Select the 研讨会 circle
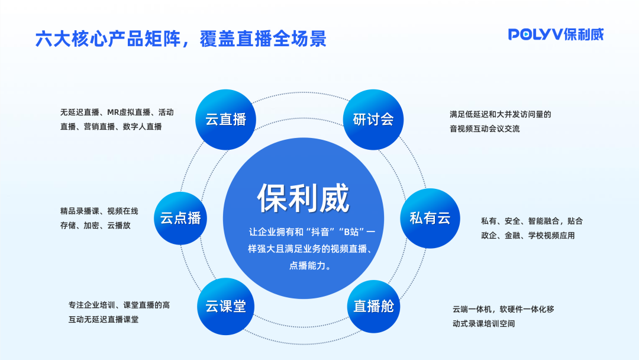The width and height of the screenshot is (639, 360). pos(373,119)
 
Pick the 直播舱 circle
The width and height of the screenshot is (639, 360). pos(373,306)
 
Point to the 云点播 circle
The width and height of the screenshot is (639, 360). pos(180,218)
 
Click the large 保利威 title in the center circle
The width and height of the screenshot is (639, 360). pos(303,198)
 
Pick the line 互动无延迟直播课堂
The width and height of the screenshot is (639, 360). pos(104,319)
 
